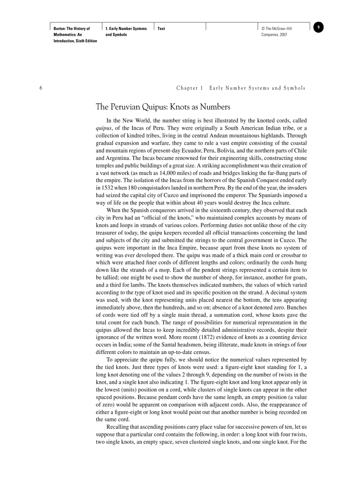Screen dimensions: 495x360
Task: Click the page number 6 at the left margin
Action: pyautogui.click(x=41, y=88)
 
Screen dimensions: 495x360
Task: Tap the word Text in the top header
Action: pyautogui.click(x=161, y=29)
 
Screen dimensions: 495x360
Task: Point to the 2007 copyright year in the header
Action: pyautogui.click(x=282, y=34)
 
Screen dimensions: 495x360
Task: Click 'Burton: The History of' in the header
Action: pyautogui.click(x=71, y=29)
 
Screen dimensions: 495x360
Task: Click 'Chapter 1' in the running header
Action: pyautogui.click(x=190, y=88)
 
